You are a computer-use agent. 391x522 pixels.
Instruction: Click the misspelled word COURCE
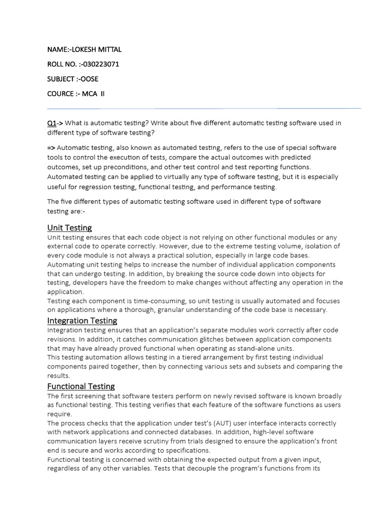tap(60, 94)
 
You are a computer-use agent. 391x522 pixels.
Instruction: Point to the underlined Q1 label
tap(51, 123)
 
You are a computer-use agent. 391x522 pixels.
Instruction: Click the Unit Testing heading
tap(70, 227)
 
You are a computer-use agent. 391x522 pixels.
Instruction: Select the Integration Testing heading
tap(82, 320)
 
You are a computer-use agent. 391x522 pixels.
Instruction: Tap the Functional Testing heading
tap(81, 386)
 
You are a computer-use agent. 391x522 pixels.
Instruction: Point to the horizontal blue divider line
tap(204, 109)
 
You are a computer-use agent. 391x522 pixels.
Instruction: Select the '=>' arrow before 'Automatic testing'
tap(52, 148)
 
